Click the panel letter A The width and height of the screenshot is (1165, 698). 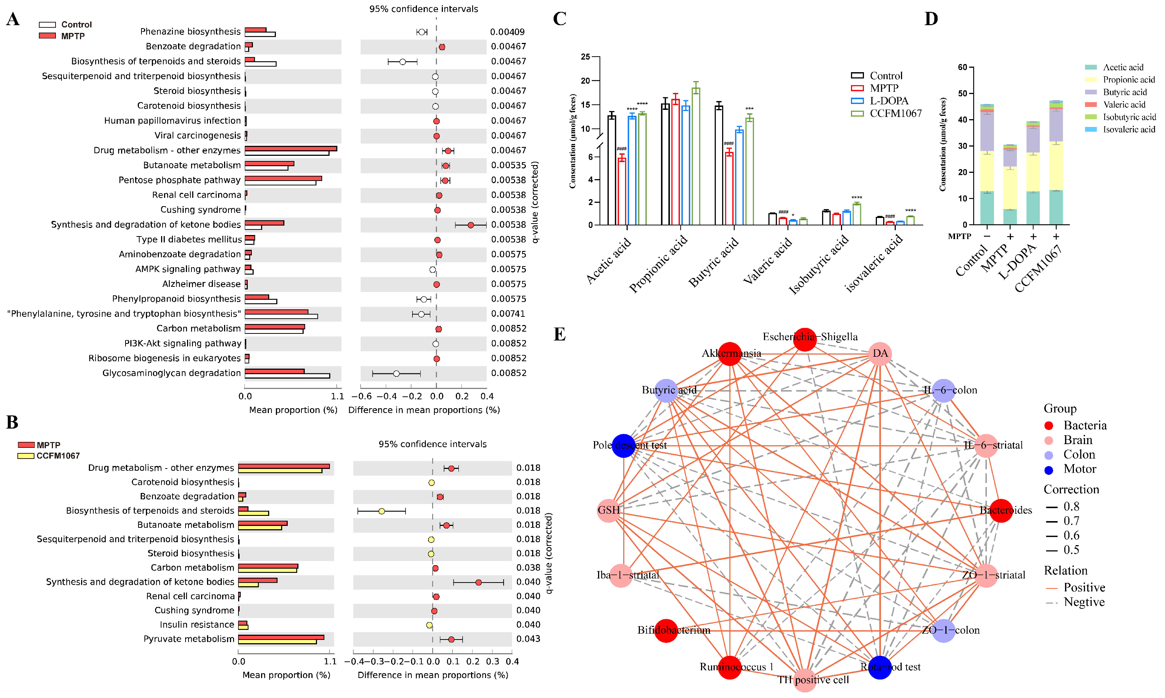click(x=13, y=19)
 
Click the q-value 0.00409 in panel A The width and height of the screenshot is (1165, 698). click(x=507, y=32)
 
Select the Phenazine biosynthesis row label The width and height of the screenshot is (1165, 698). click(x=190, y=31)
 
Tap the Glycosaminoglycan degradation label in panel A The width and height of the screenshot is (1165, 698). click(x=171, y=373)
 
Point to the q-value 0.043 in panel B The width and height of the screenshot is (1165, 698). click(x=528, y=639)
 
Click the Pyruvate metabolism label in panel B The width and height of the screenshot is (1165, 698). click(x=189, y=639)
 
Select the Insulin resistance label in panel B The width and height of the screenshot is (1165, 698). click(x=197, y=625)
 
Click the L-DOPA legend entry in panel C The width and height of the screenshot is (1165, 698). click(x=889, y=101)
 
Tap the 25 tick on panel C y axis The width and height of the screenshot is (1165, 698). click(x=585, y=57)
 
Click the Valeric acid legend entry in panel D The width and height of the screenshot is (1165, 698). click(x=1124, y=104)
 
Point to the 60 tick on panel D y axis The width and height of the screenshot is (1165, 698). click(x=962, y=67)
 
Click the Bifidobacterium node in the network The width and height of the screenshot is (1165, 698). click(x=666, y=630)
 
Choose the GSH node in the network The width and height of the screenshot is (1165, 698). click(x=608, y=510)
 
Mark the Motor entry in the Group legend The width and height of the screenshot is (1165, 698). click(x=1079, y=469)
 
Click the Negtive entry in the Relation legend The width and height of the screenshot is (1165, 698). click(x=1084, y=602)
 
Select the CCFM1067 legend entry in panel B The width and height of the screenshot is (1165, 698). click(x=58, y=456)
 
